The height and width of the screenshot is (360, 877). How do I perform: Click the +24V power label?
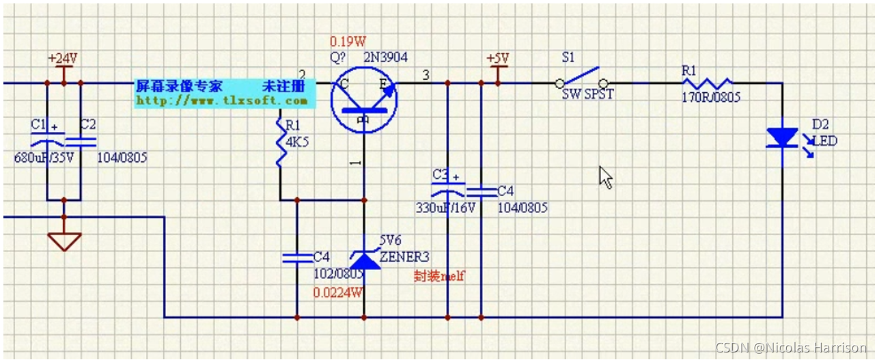(x=63, y=58)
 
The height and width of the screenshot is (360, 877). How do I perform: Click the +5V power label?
(x=498, y=58)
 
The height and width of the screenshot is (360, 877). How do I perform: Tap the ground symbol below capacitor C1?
(x=64, y=240)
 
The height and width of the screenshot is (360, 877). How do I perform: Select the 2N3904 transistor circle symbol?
(x=363, y=99)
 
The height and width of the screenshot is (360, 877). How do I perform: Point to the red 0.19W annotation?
(x=348, y=41)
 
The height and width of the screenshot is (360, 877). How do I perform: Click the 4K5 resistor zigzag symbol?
(x=280, y=141)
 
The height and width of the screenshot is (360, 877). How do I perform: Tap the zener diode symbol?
(x=363, y=259)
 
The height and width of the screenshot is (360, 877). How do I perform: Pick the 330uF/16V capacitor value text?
(x=445, y=208)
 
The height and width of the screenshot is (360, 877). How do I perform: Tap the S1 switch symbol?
(x=583, y=79)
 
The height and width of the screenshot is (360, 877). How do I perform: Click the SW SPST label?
(x=588, y=95)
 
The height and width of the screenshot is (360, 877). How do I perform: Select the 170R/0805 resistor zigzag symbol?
(x=706, y=83)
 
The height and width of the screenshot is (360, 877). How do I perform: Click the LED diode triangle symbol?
(x=782, y=137)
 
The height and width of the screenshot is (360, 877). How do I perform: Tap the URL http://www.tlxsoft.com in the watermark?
(x=222, y=100)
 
